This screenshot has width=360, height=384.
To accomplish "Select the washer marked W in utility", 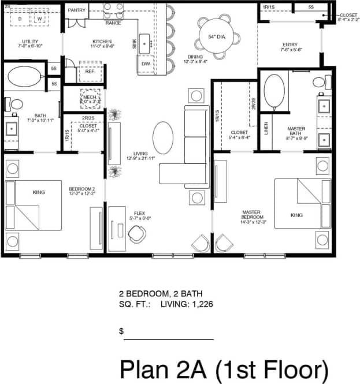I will (x=40, y=18).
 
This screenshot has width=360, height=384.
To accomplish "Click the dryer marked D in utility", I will (x=20, y=18).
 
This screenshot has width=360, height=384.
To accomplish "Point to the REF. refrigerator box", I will (x=90, y=72).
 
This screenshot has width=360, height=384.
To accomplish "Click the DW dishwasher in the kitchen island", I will (x=146, y=64).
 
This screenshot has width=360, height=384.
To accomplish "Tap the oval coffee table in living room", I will (x=163, y=137).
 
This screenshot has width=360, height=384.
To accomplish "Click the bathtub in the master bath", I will (x=273, y=92).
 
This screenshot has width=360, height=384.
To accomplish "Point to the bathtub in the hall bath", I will (x=24, y=77).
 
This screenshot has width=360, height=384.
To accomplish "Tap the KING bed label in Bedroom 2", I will (x=39, y=192).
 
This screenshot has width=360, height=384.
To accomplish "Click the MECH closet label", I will (x=89, y=98).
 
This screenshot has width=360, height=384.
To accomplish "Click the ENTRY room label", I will (x=290, y=44).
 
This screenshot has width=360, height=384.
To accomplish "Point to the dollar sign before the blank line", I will (x=121, y=331).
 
